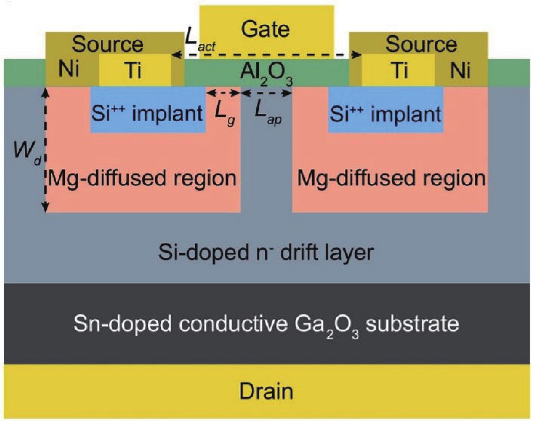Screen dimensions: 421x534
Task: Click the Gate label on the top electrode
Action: point(265,29)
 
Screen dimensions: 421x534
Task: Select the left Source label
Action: point(107,44)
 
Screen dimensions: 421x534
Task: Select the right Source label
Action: point(421,44)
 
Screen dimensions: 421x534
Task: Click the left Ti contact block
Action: point(135,70)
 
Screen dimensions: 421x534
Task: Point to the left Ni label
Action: point(69,69)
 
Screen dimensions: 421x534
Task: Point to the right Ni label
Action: point(460,70)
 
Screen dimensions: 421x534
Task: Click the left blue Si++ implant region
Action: point(148,113)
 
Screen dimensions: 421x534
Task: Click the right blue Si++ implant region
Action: point(385,113)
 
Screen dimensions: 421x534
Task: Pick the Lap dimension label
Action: point(268,112)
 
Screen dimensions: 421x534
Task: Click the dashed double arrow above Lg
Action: point(223,93)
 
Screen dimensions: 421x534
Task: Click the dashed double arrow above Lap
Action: point(266,93)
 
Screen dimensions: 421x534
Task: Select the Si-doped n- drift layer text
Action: point(266,252)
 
